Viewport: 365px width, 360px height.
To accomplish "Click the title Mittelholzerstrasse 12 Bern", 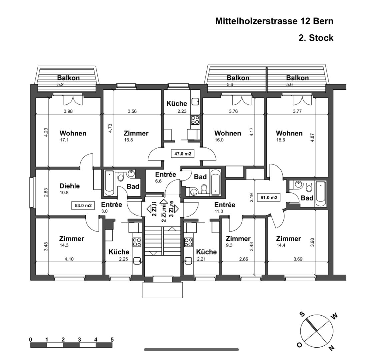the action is pyautogui.click(x=274, y=21).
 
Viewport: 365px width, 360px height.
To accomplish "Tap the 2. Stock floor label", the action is pyautogui.click(x=316, y=38).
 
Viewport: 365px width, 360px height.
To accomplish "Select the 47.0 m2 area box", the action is pyautogui.click(x=183, y=154).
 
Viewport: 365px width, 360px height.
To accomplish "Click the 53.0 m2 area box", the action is pyautogui.click(x=83, y=205).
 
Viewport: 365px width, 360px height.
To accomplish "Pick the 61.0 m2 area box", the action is pyautogui.click(x=269, y=198).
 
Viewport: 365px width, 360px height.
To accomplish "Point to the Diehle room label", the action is pyautogui.click(x=69, y=186).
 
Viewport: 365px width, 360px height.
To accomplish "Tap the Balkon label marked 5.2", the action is pyautogui.click(x=68, y=78).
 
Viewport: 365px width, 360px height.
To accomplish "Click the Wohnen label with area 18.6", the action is pyautogui.click(x=289, y=133).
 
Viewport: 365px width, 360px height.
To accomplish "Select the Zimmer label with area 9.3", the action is pyautogui.click(x=238, y=239).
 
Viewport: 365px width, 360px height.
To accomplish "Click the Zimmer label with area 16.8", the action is pyautogui.click(x=136, y=133).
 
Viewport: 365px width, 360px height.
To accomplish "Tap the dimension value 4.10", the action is pyautogui.click(x=69, y=259).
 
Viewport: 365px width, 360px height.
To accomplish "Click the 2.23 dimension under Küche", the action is pyautogui.click(x=182, y=111).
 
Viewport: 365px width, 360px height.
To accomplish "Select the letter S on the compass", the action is pyautogui.click(x=302, y=314).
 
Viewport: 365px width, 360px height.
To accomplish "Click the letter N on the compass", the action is pyautogui.click(x=332, y=348).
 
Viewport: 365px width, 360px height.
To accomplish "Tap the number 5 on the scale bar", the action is pyautogui.click(x=112, y=340).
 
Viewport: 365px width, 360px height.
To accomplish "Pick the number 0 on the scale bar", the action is pyautogui.click(x=30, y=340).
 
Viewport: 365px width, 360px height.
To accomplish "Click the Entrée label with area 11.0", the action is pyautogui.click(x=225, y=205).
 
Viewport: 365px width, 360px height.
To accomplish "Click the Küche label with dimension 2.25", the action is pyautogui.click(x=119, y=252).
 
